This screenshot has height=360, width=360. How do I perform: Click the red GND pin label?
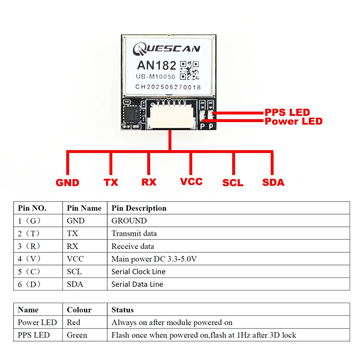[67, 183]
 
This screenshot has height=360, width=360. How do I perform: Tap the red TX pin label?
[111, 183]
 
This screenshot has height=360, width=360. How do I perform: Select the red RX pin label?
[149, 182]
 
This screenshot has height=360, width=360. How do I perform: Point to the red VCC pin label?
[191, 181]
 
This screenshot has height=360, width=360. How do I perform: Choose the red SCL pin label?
[233, 183]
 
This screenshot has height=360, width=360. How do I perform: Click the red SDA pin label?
[273, 183]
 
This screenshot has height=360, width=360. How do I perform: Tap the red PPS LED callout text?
[287, 112]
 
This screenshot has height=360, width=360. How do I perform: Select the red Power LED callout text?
[293, 121]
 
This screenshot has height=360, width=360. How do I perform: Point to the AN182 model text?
[157, 66]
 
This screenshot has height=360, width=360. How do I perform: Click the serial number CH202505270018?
[168, 87]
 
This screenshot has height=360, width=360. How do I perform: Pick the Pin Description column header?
[139, 208]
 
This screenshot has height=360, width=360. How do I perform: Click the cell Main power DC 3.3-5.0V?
[154, 259]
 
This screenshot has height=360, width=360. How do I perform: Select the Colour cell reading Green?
[77, 335]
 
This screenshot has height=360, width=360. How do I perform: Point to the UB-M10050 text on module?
[156, 77]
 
